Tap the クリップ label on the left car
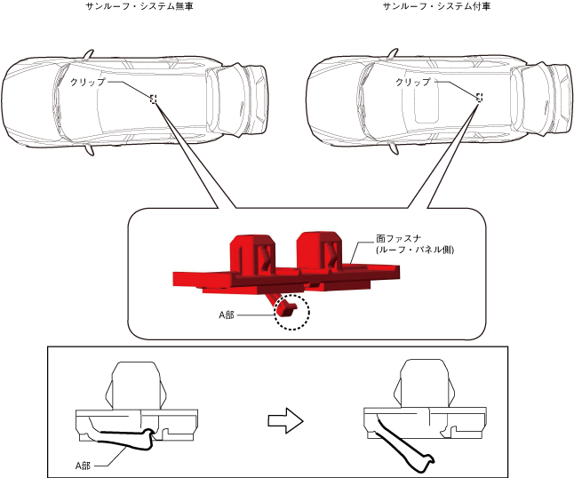tap(87, 82)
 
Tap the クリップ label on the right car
tap(412, 82)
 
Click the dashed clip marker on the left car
tap(154, 99)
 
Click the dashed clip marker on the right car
tap(480, 98)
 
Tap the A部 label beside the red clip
tap(228, 315)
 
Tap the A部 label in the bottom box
tap(84, 464)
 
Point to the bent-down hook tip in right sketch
tap(429, 461)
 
